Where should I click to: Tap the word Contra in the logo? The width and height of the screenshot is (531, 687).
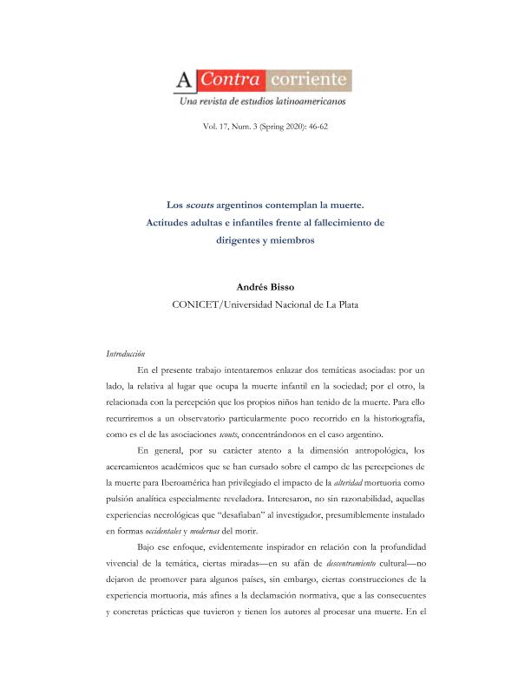pos(229,81)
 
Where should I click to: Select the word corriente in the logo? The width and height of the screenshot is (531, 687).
pos(310,81)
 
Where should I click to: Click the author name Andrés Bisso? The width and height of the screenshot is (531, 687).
pos(265,285)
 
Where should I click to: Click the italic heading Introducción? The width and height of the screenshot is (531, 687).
pos(126,354)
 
